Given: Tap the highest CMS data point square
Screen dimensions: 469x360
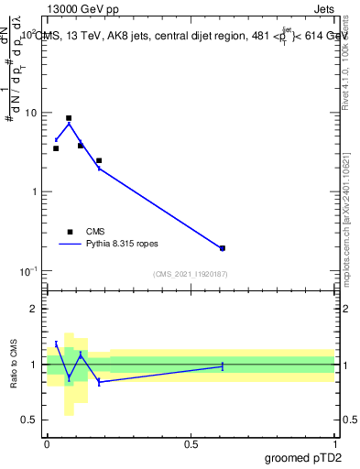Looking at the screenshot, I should click(69, 118).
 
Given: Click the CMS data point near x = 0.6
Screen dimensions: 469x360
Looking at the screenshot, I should click(223, 248).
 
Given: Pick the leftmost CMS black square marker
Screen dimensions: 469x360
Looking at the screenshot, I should click(56, 148).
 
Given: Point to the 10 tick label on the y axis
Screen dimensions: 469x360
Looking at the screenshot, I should click(30, 113).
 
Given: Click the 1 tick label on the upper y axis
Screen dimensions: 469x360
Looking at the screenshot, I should click(34, 192).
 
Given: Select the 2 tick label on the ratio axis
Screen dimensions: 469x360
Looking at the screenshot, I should click(34, 310).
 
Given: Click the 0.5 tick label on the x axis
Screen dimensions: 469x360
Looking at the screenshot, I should click(191, 443).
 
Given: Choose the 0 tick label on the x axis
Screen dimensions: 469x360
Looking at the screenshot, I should click(47, 443).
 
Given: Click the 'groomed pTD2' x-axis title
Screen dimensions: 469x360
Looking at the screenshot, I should click(305, 457).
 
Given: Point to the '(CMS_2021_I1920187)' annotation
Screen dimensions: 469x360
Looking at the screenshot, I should click(191, 274).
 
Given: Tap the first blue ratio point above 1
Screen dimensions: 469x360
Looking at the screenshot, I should click(56, 344).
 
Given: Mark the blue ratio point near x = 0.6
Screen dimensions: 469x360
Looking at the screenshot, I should click(223, 366).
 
